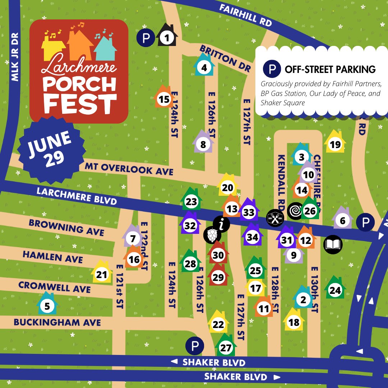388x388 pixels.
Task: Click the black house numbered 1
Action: tap(166, 36)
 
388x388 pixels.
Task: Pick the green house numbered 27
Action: tap(226, 347)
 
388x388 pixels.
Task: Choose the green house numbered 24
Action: tap(335, 290)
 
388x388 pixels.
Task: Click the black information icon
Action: tap(222, 224)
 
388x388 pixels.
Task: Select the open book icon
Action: tap(333, 245)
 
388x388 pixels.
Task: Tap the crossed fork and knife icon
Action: tap(275, 218)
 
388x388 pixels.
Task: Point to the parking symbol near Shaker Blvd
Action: tap(195, 346)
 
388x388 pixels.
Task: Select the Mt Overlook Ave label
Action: tap(129, 169)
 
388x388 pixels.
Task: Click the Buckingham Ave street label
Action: tap(57, 322)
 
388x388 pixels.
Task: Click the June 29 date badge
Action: tap(47, 149)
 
